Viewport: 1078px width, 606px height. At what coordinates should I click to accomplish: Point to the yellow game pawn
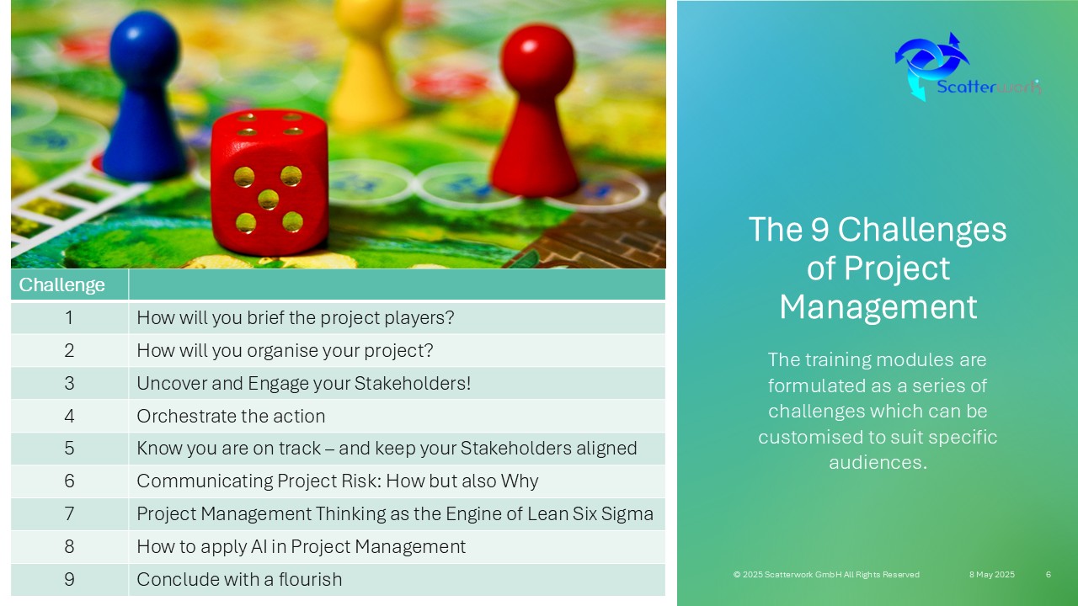coord(368,62)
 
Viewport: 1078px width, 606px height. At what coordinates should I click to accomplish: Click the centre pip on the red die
coord(268,199)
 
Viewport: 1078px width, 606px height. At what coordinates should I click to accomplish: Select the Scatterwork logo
coord(968,67)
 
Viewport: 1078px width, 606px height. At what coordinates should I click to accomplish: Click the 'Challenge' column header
coord(61,284)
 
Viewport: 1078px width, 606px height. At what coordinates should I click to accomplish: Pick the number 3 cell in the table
coord(69,383)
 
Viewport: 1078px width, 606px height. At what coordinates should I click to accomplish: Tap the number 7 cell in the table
coord(69,513)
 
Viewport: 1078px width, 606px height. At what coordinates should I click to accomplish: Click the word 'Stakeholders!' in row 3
coord(413,383)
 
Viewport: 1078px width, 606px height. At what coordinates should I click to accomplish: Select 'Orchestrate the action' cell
coord(231,416)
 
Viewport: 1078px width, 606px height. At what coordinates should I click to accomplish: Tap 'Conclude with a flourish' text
coord(239,580)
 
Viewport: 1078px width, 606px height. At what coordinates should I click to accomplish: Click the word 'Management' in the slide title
coord(878,307)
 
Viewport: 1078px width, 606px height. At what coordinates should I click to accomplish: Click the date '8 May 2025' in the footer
coord(992,574)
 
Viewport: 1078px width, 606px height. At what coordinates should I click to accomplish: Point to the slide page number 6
coord(1049,574)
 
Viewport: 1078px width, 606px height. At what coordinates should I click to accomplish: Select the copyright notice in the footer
coord(826,574)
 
